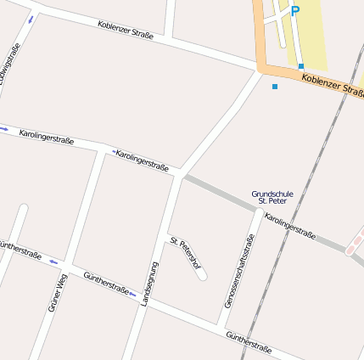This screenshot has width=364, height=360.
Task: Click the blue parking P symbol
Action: [x=295, y=11]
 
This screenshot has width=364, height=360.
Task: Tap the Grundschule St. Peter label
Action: [x=272, y=198]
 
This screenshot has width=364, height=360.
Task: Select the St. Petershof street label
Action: [x=186, y=254]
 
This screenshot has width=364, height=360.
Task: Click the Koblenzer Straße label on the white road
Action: [x=125, y=30]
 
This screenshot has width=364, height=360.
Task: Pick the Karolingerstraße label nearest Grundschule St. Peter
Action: [x=290, y=227]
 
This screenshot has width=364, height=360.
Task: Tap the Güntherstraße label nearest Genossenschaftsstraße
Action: [x=249, y=342]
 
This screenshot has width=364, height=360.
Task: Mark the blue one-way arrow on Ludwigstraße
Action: [x=31, y=19]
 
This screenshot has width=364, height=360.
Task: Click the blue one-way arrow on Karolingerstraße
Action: [x=4, y=129]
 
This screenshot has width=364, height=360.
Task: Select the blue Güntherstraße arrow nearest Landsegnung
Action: [x=132, y=294]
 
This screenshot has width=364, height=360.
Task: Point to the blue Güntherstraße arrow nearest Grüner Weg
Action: [x=53, y=262]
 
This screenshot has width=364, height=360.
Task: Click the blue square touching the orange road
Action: [x=301, y=65]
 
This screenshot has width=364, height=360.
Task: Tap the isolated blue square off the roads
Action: [x=274, y=87]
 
